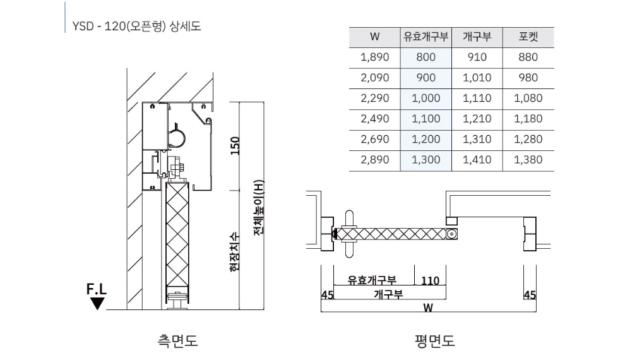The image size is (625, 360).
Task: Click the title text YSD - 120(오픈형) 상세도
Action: (x=136, y=27)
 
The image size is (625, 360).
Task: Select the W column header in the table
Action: (x=374, y=37)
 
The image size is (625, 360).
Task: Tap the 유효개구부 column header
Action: (x=426, y=37)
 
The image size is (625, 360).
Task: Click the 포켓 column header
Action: (x=528, y=37)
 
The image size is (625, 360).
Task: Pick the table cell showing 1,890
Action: (x=374, y=57)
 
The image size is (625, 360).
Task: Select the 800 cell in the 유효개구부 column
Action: (x=426, y=57)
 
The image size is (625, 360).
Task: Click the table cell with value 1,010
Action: (x=477, y=78)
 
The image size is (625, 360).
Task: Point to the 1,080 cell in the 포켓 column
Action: (x=528, y=98)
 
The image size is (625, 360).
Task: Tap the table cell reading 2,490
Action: (x=374, y=119)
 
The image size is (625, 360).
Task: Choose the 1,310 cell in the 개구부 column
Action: (x=477, y=139)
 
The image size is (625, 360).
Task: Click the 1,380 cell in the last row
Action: (x=528, y=160)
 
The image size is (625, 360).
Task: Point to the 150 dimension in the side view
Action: (x=235, y=146)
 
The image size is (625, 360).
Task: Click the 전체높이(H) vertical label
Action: (x=259, y=208)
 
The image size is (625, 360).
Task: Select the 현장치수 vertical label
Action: (x=235, y=252)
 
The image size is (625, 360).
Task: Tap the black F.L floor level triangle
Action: (x=97, y=304)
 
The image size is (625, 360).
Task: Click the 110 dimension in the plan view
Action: (x=430, y=281)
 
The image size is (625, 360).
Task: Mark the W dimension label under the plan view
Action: (x=427, y=308)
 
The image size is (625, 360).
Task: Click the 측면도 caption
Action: (x=178, y=341)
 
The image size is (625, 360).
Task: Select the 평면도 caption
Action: (x=434, y=341)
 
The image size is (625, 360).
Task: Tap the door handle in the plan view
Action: (x=349, y=234)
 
